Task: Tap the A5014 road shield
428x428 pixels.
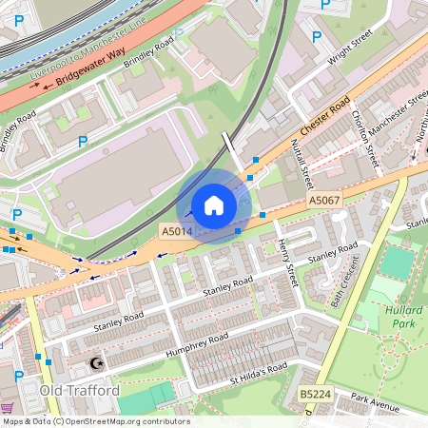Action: tap(176, 231)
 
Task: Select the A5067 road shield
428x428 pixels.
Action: tap(323, 202)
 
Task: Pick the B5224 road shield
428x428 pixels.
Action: tap(314, 394)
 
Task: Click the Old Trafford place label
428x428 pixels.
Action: tap(79, 390)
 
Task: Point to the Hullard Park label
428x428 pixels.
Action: tap(403, 317)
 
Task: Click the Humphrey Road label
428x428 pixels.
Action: tap(197, 344)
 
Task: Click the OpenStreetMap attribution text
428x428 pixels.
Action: tap(96, 421)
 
